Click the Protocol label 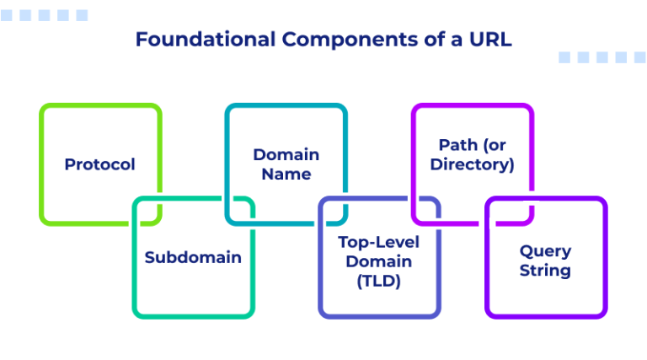coord(99,164)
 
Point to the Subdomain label coord(193,257)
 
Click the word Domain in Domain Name coord(286,154)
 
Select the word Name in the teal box coord(286,175)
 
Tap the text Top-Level coord(379,241)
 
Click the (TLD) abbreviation coord(379,282)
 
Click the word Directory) coord(472,164)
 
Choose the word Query coord(545,250)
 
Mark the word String coord(545,271)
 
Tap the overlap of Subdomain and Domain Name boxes coord(239,211)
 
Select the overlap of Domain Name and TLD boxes coord(333,211)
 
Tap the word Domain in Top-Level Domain coord(379,261)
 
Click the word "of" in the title coord(430,40)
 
